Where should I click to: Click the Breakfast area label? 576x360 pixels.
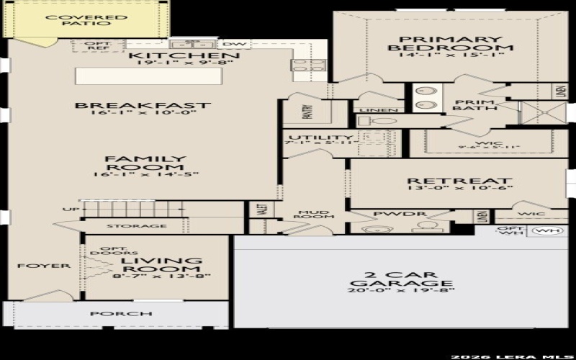coord(143,105)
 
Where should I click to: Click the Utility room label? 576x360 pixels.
coord(320,138)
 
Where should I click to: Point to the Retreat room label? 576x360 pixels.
coord(459,181)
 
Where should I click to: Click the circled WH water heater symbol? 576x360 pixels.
coord(549,232)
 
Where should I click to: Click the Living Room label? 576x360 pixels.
coord(163,266)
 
